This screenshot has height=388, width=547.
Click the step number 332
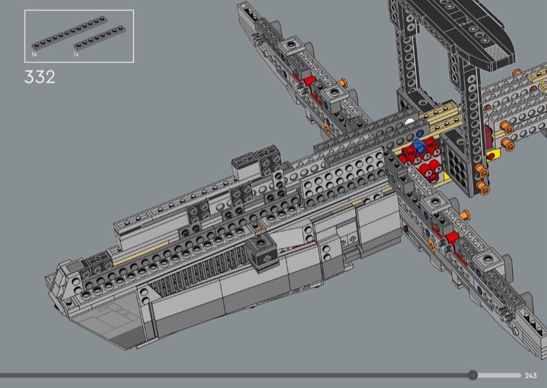[x=40, y=77]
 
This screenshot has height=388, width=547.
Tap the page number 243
[x=531, y=376]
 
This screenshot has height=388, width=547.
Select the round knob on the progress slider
[x=472, y=375]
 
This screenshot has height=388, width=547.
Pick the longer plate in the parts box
[x=69, y=33]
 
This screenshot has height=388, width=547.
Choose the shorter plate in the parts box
[x=99, y=38]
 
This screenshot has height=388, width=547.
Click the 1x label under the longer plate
[x=34, y=55]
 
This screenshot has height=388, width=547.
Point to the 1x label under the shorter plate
[x=76, y=55]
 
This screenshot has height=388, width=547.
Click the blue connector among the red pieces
[x=418, y=146]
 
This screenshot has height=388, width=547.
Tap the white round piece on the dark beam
[x=410, y=122]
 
